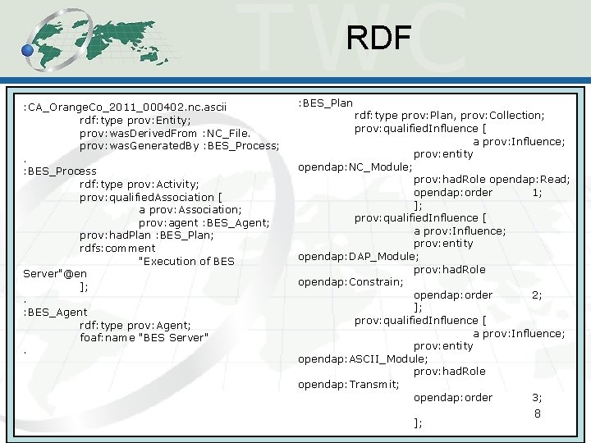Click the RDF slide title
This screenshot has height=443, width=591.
click(378, 38)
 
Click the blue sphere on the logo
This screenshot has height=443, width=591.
click(28, 50)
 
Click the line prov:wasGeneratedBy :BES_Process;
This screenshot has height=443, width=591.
click(179, 145)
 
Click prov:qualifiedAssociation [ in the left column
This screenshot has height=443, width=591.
click(150, 197)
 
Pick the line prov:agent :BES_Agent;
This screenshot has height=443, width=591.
click(204, 222)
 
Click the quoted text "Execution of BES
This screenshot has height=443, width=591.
click(186, 261)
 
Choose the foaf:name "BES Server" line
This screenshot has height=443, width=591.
click(144, 337)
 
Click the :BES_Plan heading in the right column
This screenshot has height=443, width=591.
click(325, 103)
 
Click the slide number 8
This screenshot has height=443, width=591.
click(538, 413)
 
